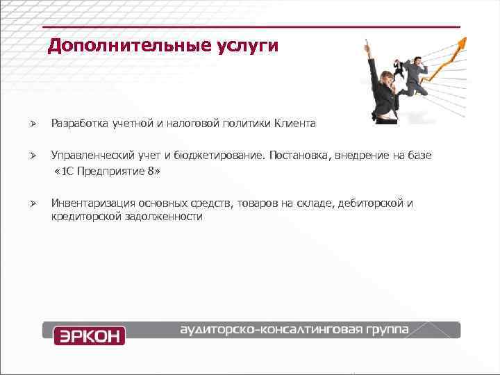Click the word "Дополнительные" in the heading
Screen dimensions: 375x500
coord(119,47)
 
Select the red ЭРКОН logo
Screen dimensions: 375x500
coord(89,335)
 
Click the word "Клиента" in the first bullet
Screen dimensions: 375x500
coord(295,124)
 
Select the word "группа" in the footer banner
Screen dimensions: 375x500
coord(387,328)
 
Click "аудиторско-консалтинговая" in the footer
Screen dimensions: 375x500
coord(270,328)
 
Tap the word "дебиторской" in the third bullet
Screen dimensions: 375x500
coord(374,203)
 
